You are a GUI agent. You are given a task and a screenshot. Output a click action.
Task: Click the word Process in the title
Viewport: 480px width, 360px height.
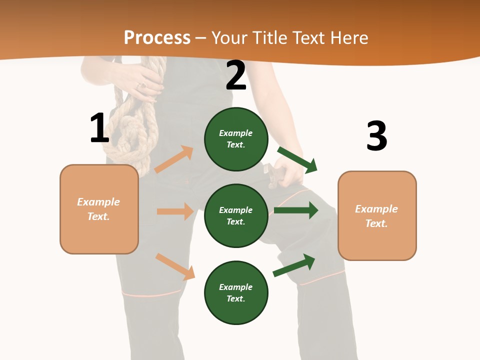[x=157, y=37]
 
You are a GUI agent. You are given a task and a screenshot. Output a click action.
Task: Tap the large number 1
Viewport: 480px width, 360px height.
[x=99, y=128]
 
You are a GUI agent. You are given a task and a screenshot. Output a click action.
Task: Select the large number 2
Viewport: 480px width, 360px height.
[x=236, y=75]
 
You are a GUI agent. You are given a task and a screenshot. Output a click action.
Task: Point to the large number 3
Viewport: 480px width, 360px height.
[x=376, y=136]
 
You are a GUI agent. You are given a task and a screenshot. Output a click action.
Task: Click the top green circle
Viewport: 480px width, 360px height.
[x=236, y=139]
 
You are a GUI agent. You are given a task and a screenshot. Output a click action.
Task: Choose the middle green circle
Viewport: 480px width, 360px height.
[x=236, y=215]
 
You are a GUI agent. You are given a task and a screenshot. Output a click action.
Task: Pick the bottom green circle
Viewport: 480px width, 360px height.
[x=236, y=292]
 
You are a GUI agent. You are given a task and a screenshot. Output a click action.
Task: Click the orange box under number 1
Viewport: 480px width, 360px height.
[x=99, y=209]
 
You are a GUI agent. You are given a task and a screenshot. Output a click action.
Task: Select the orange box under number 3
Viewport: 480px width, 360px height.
[x=377, y=215]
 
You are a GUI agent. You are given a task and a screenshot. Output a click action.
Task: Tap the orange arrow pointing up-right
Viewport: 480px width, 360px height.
[x=174, y=159]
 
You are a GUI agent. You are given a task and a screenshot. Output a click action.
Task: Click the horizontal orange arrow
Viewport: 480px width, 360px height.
[x=175, y=211]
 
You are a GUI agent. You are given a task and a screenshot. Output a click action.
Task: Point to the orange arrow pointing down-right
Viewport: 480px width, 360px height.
[x=175, y=266]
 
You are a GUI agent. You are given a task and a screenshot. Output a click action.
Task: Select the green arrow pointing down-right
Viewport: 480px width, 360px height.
[x=297, y=159]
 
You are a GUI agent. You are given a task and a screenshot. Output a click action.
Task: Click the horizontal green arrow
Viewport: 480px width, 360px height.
[x=296, y=210]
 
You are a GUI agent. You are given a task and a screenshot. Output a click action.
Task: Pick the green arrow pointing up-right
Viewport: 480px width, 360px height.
[x=294, y=265]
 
